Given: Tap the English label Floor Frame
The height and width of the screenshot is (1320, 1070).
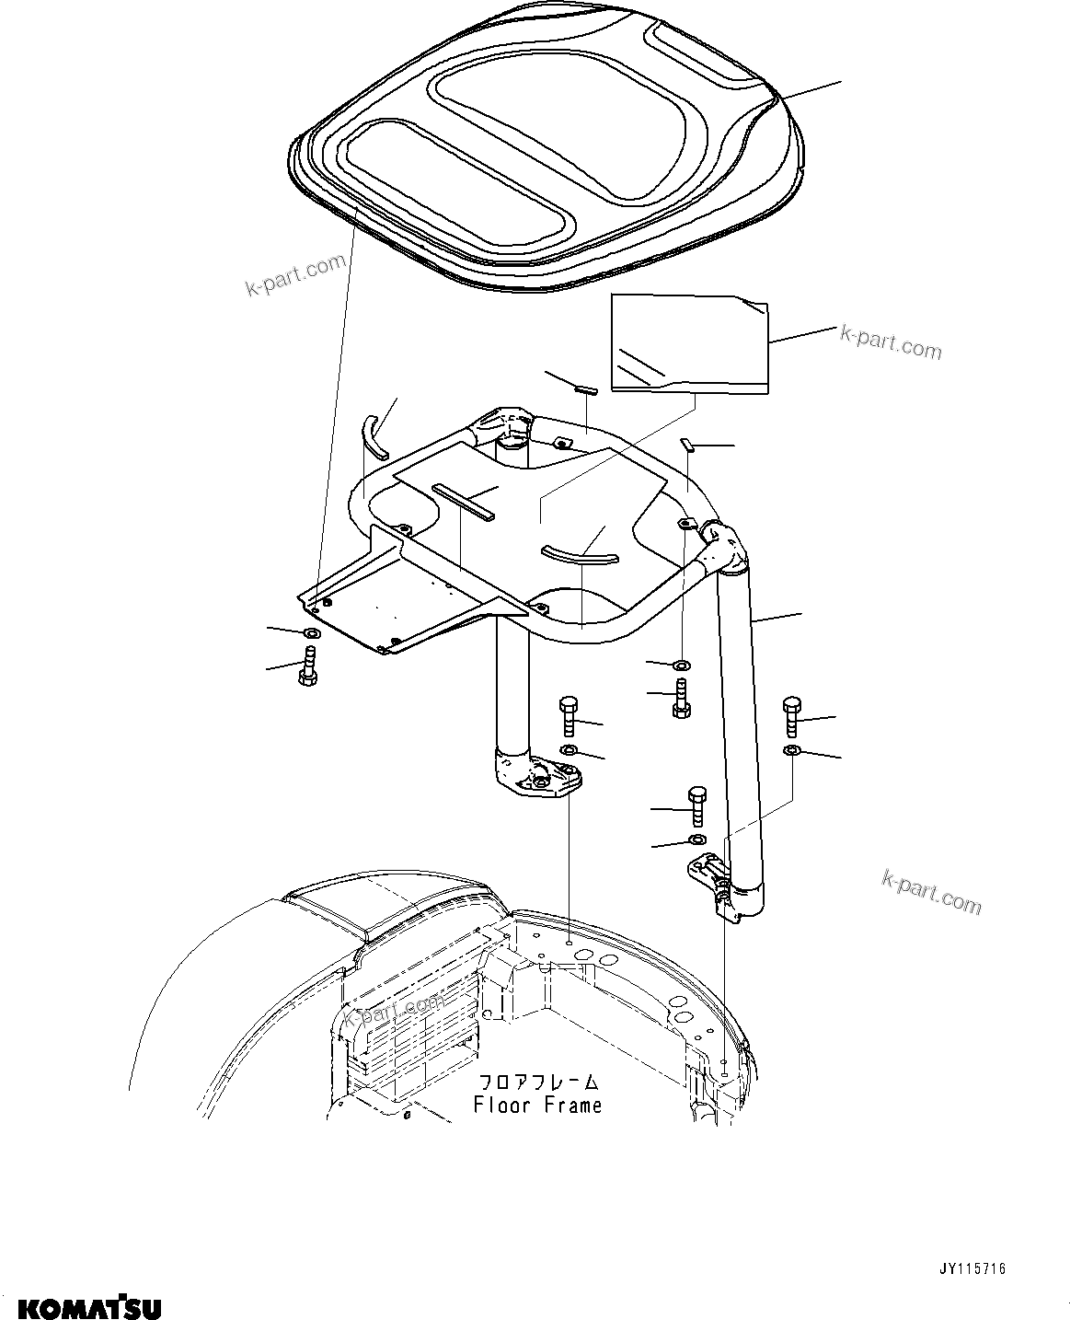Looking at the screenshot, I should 537,1105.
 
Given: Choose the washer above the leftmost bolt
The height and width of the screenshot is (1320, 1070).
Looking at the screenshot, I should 310,633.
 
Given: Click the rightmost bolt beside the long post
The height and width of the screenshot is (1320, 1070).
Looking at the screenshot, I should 792,715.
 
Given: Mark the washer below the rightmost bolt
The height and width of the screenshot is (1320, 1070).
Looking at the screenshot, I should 791,752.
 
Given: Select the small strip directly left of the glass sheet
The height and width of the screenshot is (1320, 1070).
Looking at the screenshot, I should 585,389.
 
